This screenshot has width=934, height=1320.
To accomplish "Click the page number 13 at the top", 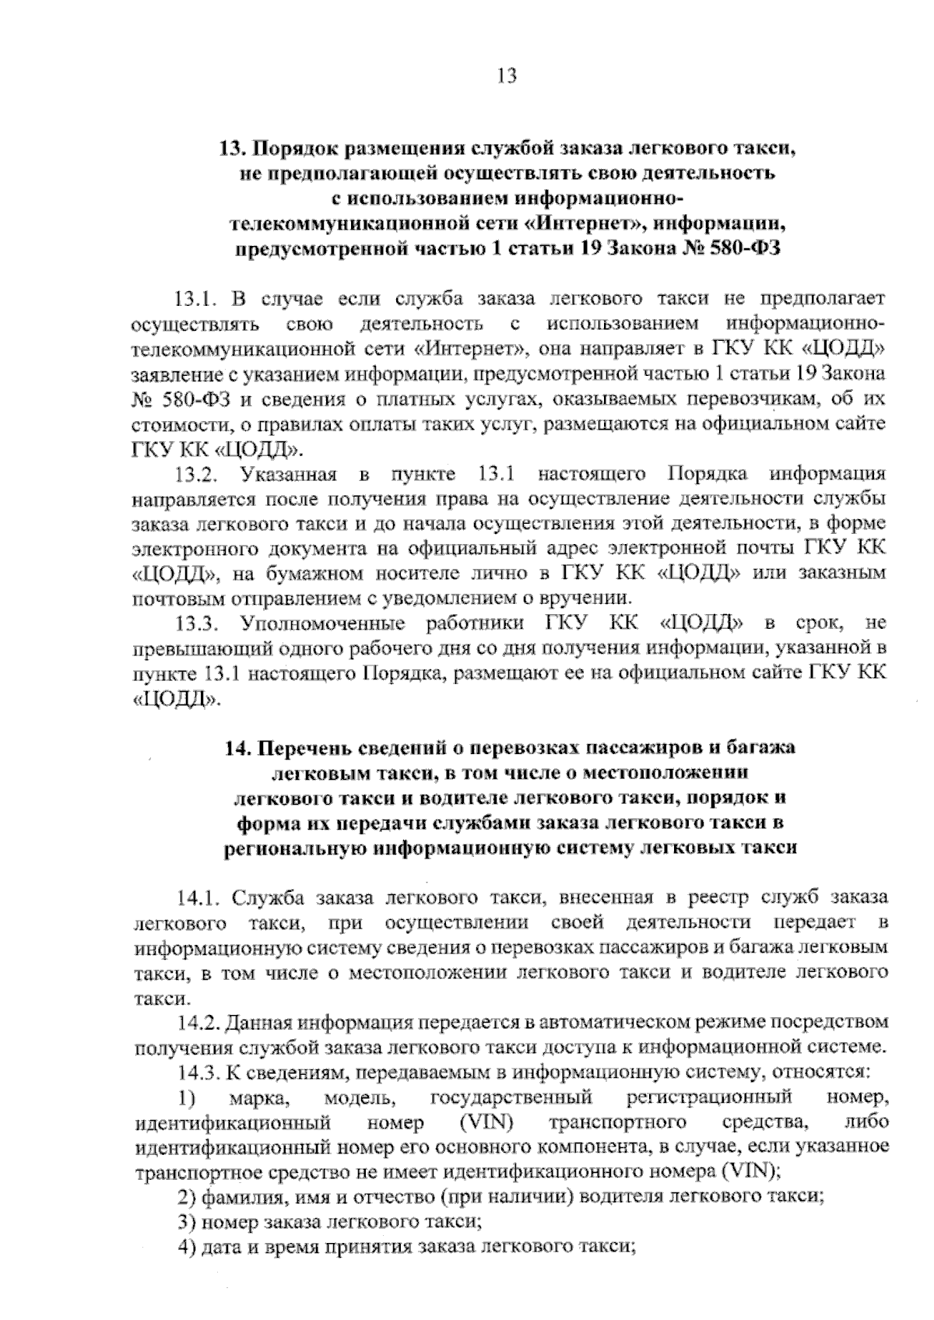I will (505, 76).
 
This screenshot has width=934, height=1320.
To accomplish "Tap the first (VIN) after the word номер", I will (485, 1123).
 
